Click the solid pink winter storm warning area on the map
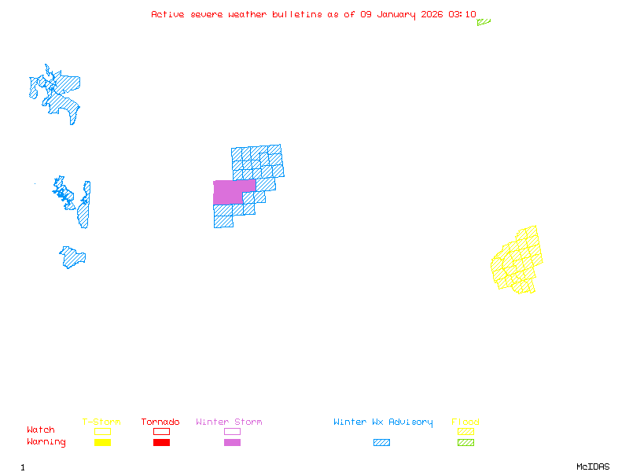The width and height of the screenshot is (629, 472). coord(230,193)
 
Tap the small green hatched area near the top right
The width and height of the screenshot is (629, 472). coord(483,22)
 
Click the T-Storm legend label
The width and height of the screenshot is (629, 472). coord(101,422)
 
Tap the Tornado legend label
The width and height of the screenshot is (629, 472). coord(160,422)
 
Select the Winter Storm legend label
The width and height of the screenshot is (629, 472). coord(229,422)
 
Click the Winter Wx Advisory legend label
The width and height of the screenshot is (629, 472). coord(383,422)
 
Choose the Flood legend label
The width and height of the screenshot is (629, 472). coord(465,422)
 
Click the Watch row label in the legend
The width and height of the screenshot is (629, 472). coord(41,430)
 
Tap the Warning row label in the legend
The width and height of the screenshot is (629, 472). coord(46,442)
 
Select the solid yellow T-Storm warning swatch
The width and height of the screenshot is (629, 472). coord(102,443)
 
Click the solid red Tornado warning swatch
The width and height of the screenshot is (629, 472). coord(161,443)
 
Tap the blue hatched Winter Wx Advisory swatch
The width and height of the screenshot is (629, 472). coord(381,443)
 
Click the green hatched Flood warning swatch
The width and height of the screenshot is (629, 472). coord(465,443)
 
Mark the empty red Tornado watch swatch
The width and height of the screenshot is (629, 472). coord(161,431)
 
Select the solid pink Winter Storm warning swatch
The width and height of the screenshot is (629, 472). coord(232,443)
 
